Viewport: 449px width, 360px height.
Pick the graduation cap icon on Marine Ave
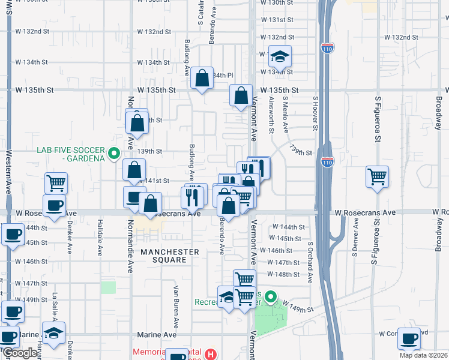pyautogui.click(x=53, y=334)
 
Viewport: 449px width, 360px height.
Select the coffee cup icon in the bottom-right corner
pyautogui.click(x=409, y=338)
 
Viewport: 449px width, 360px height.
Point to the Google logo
pyautogui.click(x=19, y=353)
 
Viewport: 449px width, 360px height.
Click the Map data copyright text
pyautogui.click(x=424, y=355)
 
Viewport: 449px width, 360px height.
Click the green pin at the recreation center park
pyautogui.click(x=271, y=296)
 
